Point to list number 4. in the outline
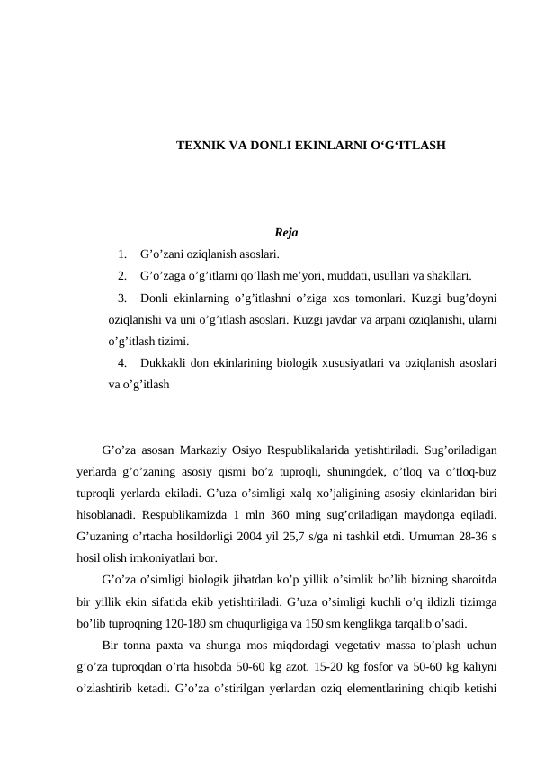(121, 364)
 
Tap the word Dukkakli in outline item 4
(164, 364)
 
